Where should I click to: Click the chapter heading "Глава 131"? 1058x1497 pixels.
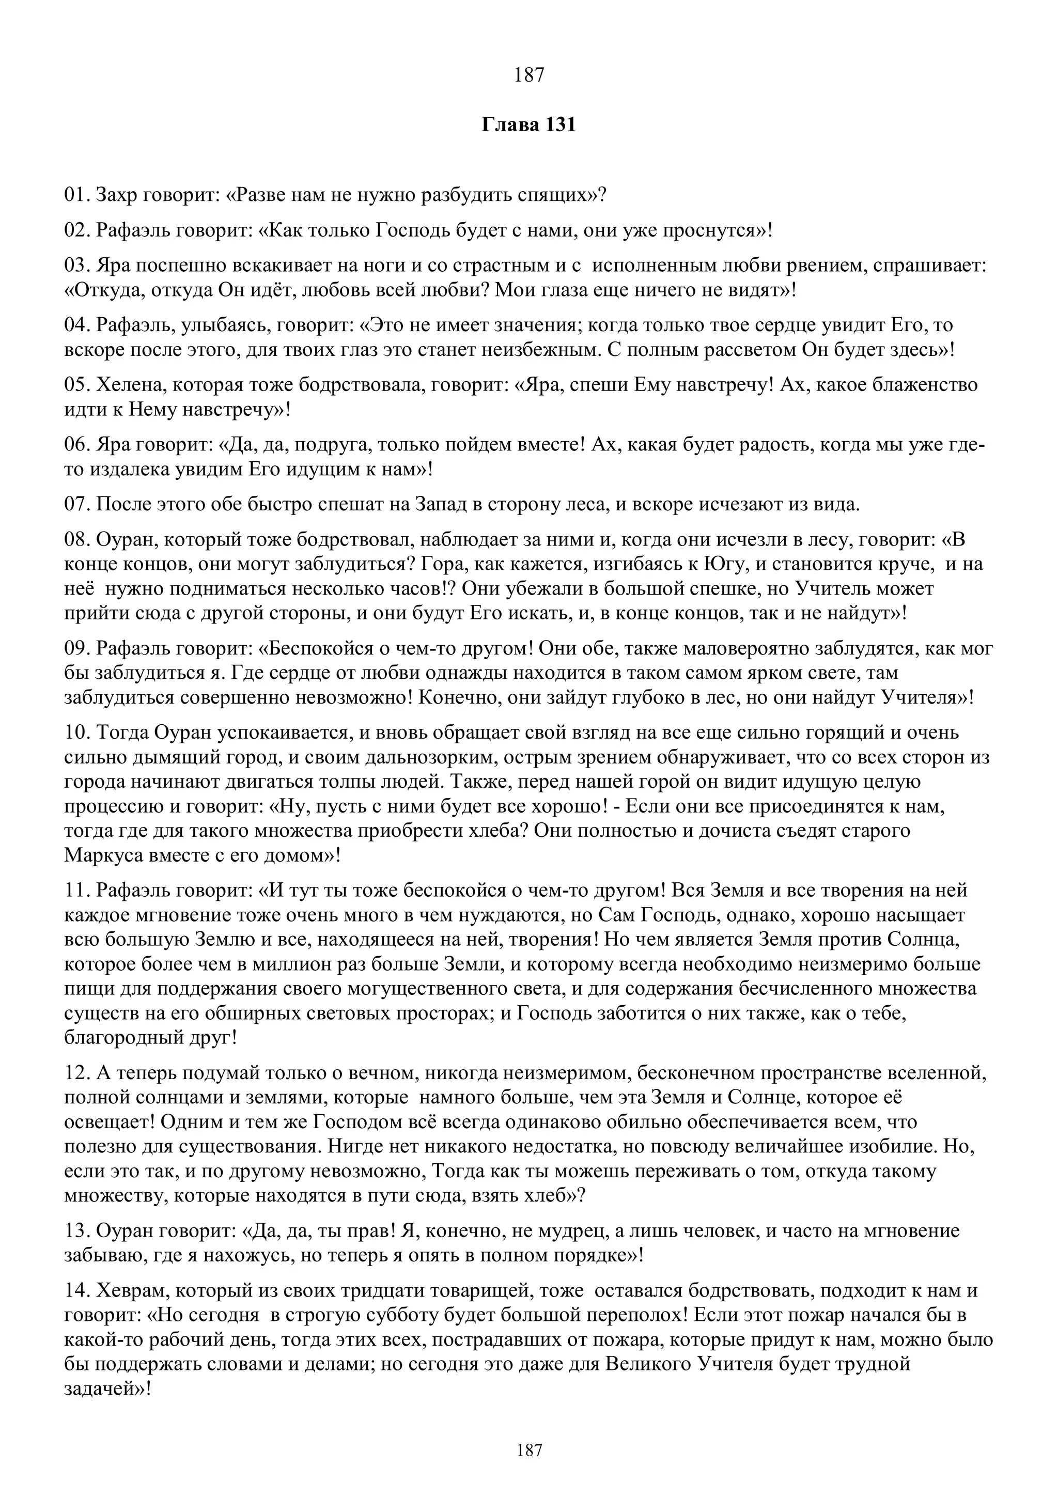click(528, 124)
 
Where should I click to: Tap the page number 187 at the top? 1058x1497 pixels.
click(528, 75)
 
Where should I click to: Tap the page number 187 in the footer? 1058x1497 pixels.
click(528, 1450)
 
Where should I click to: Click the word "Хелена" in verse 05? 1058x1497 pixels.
click(130, 385)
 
